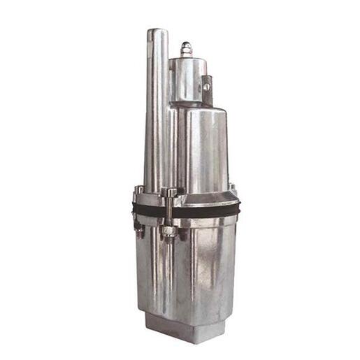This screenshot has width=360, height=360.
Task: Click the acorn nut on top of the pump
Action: (x=185, y=49)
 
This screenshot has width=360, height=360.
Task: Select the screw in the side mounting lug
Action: (x=206, y=87)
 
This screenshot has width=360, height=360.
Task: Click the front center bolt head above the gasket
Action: (x=171, y=193)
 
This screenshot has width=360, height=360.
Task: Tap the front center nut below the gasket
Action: (x=169, y=232)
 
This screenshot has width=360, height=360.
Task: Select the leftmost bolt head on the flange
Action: (x=139, y=190)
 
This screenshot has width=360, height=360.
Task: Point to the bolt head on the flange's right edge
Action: (x=232, y=189)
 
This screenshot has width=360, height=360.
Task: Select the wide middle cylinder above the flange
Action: (x=203, y=147)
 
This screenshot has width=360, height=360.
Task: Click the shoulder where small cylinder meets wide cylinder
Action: (x=196, y=105)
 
